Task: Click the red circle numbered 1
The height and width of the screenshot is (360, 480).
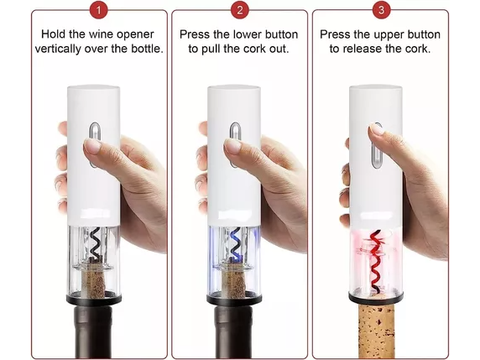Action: tap(98, 10)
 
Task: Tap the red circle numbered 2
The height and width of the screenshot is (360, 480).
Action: tap(240, 10)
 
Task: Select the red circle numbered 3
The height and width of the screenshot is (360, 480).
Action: tap(381, 10)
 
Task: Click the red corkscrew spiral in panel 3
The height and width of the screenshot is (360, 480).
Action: tap(376, 261)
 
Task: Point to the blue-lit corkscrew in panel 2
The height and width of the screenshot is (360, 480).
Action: tap(235, 244)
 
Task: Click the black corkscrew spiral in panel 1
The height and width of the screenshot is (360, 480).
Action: tap(95, 243)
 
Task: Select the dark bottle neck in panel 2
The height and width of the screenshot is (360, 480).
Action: tap(233, 331)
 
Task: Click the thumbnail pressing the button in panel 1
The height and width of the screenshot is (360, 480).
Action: tap(91, 145)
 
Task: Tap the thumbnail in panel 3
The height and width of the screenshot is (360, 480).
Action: tap(376, 129)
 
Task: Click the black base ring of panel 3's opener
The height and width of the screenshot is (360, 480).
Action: tap(376, 297)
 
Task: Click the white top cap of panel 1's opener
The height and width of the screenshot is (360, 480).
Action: tap(94, 91)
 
